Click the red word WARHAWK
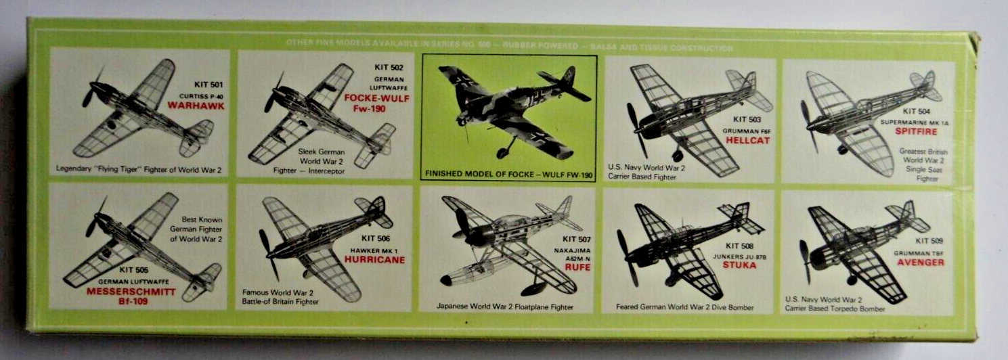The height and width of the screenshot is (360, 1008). click(x=197, y=106)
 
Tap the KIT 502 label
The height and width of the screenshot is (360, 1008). click(x=389, y=67)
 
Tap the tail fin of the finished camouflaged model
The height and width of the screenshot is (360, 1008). click(x=567, y=76)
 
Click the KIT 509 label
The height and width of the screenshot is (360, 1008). click(x=931, y=241)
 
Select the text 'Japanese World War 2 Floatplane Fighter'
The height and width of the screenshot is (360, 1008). click(x=506, y=307)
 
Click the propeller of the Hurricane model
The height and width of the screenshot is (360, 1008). click(x=268, y=253)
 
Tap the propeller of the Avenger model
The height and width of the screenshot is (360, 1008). click(x=806, y=261)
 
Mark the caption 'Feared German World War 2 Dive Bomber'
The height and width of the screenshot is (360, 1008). click(x=685, y=307)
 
